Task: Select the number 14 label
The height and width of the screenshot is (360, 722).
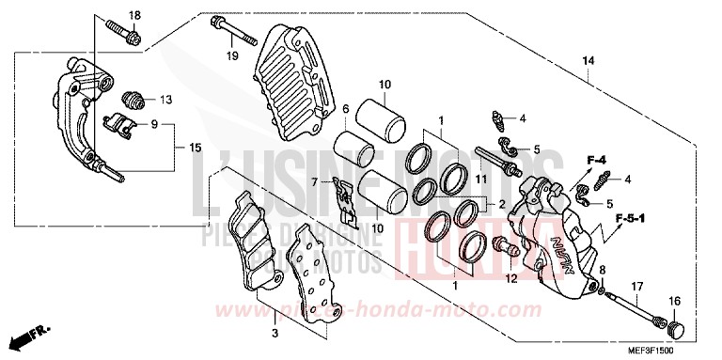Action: coord(588,61)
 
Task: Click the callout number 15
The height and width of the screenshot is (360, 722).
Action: coord(195,148)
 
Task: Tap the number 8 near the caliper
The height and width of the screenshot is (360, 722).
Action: coord(603,270)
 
